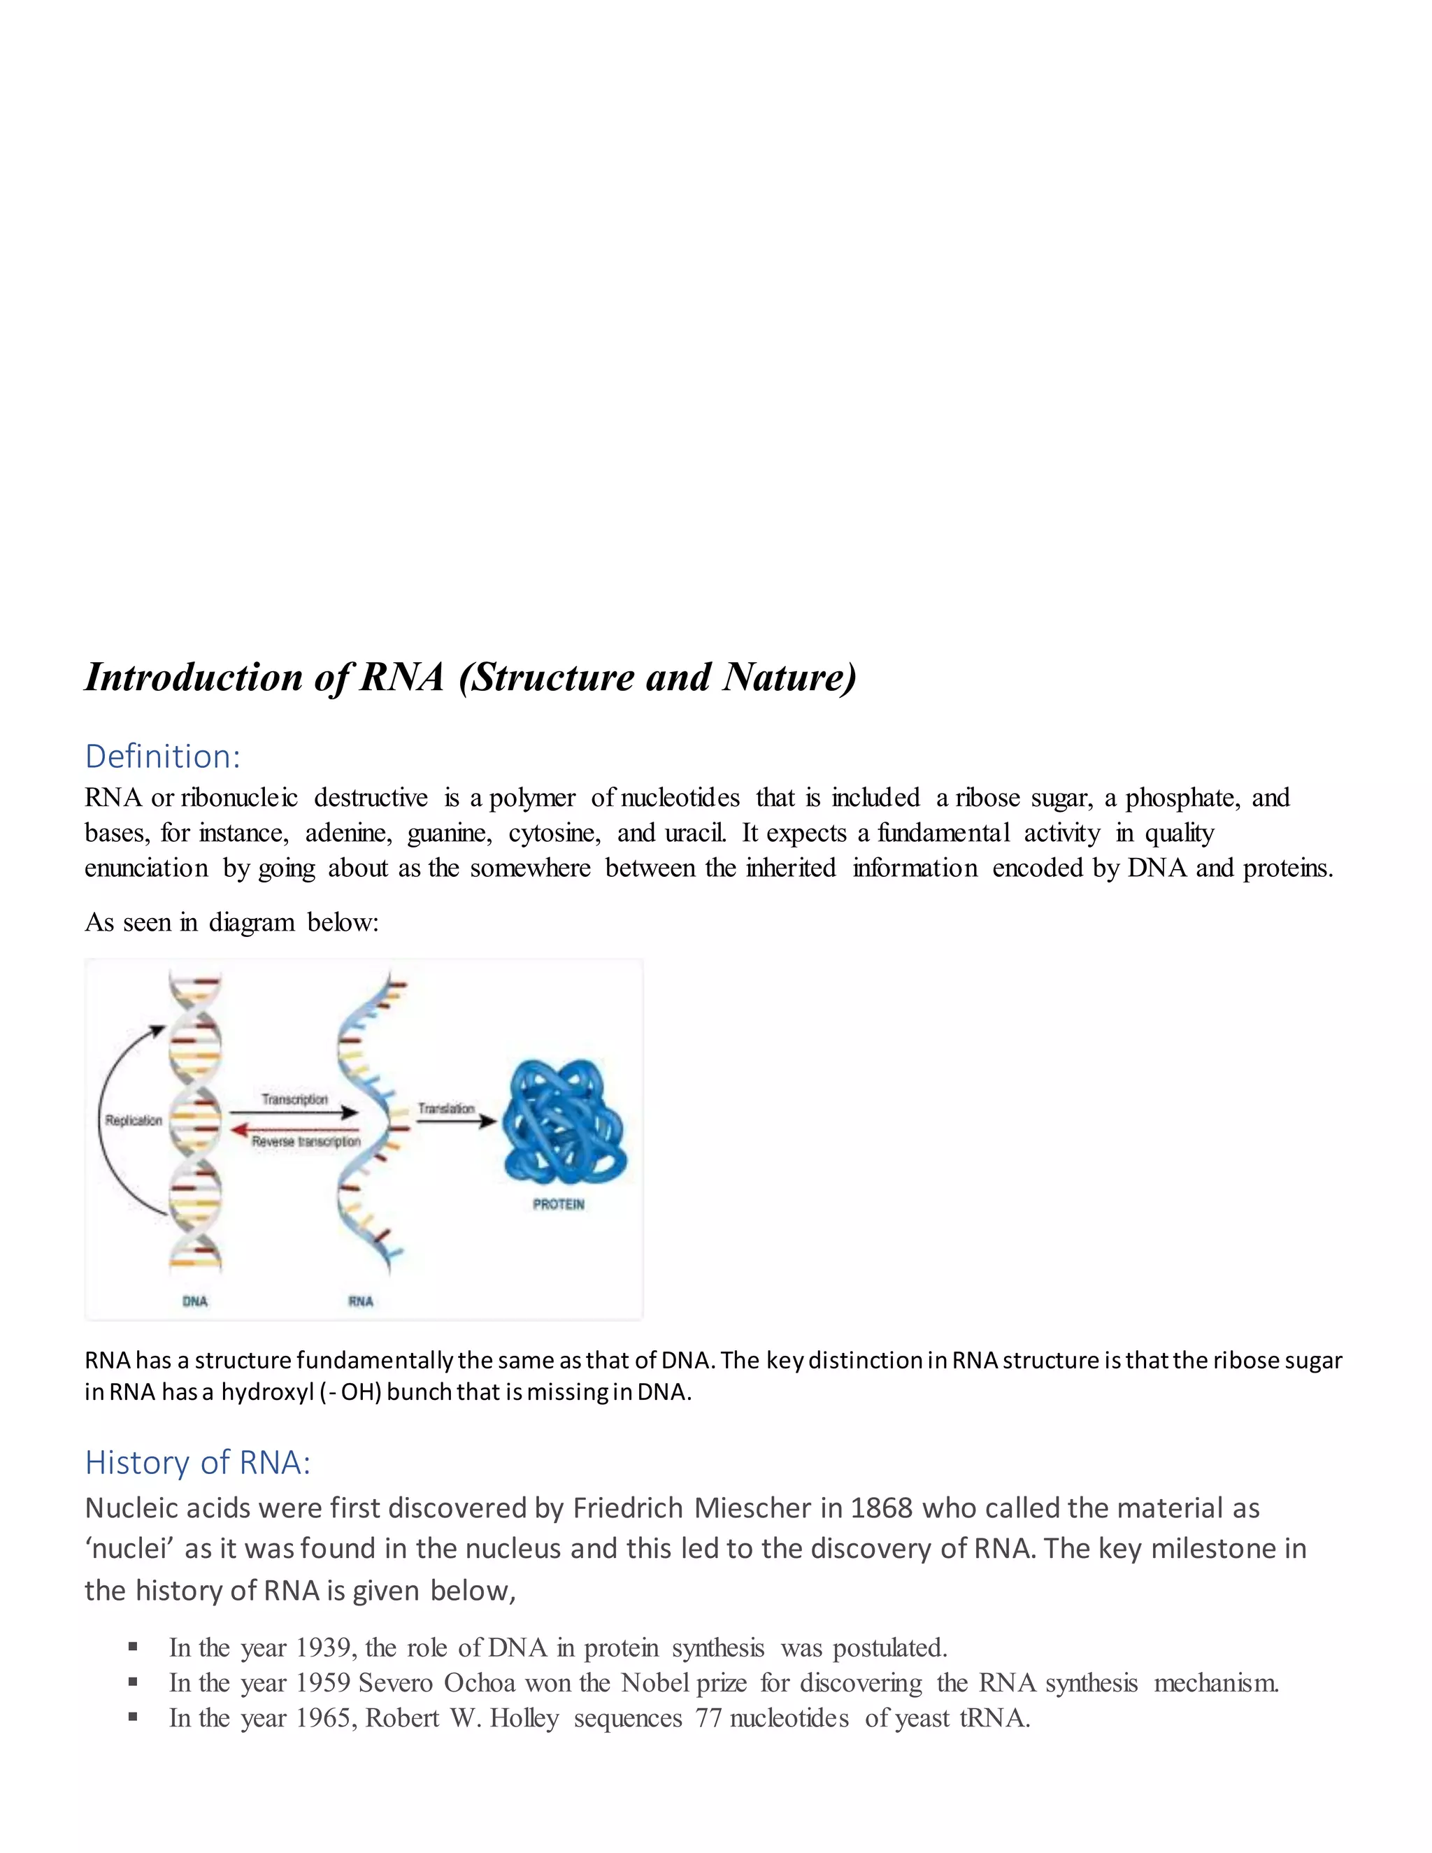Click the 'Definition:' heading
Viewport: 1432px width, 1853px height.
[x=163, y=756]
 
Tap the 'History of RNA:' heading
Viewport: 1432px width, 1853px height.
[x=198, y=1462]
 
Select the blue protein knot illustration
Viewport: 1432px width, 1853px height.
[x=564, y=1121]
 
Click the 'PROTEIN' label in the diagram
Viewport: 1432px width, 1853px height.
[x=558, y=1204]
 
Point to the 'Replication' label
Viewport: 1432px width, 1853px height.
[x=133, y=1120]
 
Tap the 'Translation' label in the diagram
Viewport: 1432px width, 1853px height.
[x=445, y=1108]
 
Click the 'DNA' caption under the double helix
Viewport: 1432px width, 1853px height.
[x=195, y=1301]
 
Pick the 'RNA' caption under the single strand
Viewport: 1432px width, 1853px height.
[x=361, y=1301]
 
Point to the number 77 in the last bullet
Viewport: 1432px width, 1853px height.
[x=708, y=1718]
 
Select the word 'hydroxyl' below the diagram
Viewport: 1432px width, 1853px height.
[x=267, y=1392]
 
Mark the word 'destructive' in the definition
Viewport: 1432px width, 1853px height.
[x=371, y=798]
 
